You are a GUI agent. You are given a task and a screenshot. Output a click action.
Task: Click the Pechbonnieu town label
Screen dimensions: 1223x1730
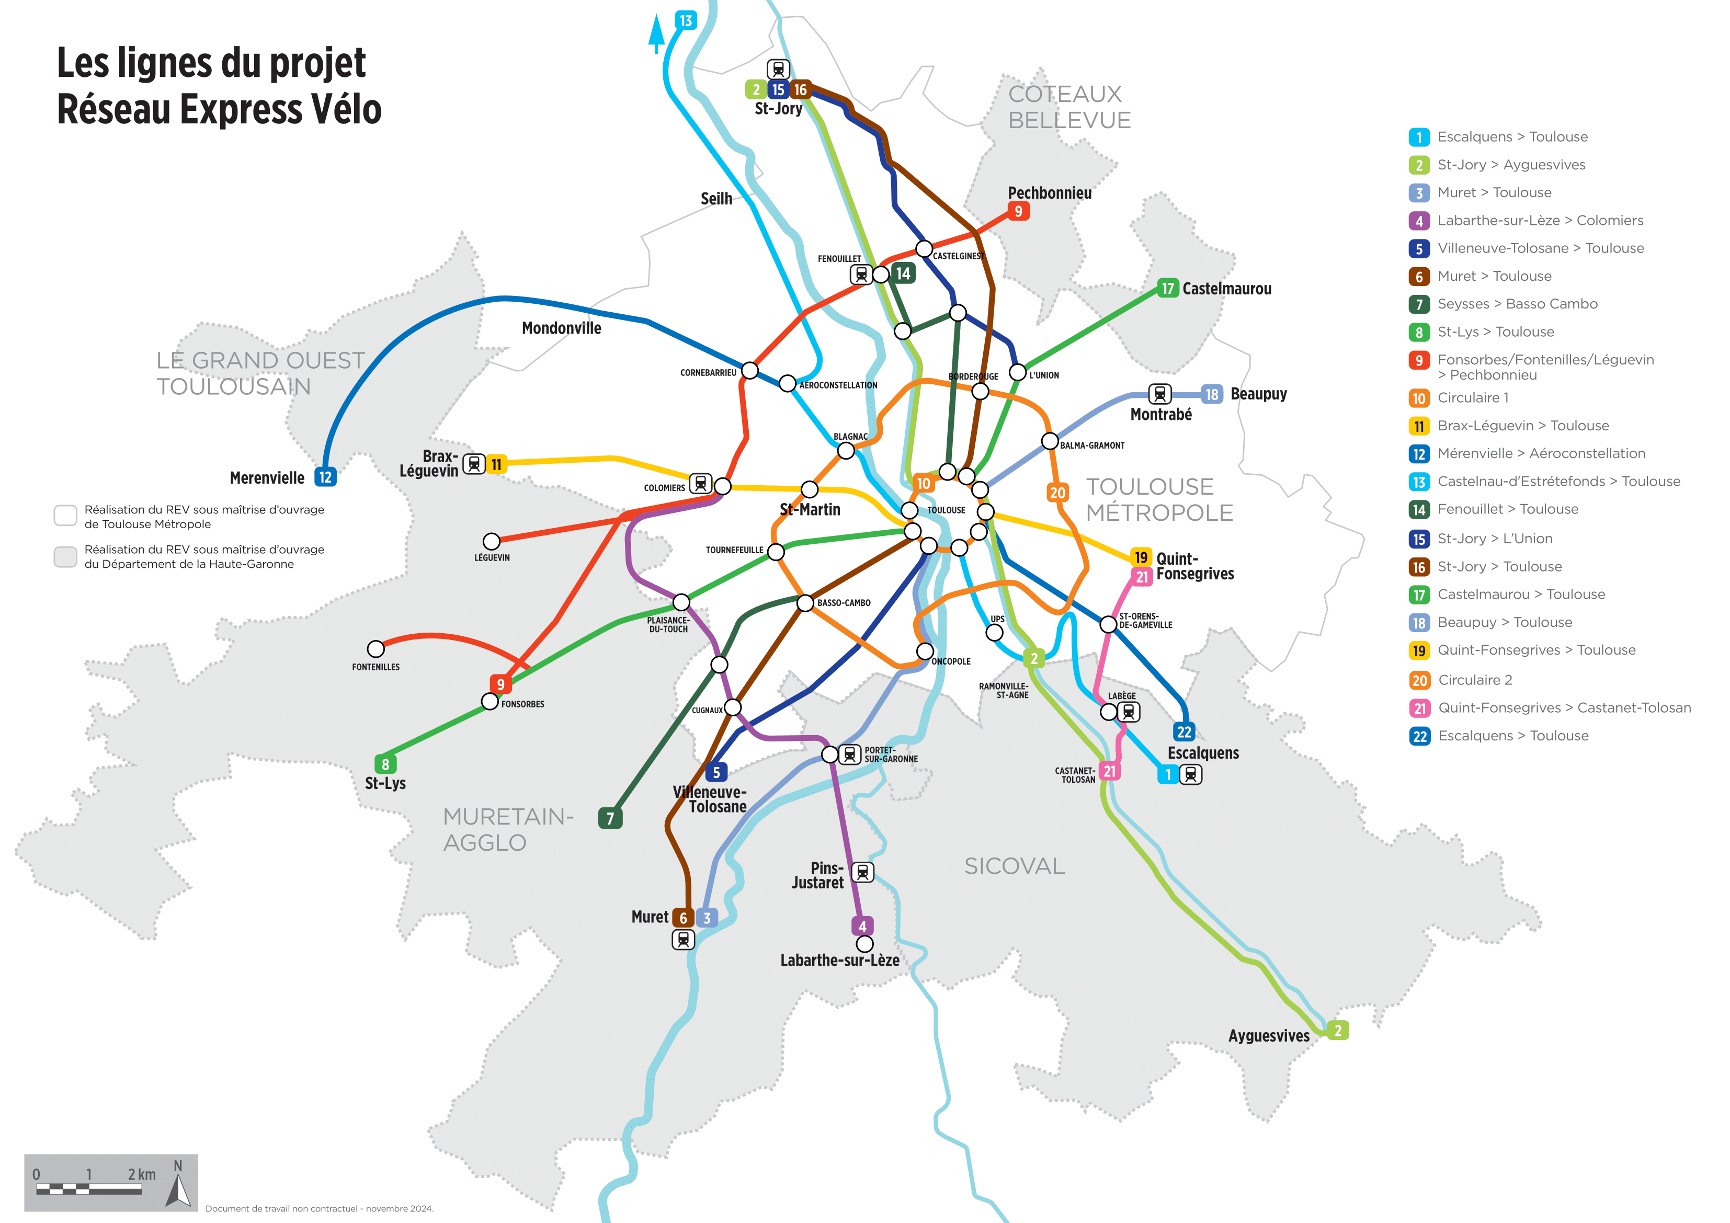click(1049, 193)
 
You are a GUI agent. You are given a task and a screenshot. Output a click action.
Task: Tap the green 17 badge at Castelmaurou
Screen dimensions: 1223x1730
click(1167, 288)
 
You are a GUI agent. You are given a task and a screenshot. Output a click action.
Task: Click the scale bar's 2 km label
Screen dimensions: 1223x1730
click(142, 1174)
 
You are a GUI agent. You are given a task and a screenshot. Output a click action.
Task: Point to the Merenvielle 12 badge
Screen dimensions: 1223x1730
click(325, 477)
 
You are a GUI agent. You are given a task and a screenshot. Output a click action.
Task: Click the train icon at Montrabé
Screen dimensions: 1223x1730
click(1159, 393)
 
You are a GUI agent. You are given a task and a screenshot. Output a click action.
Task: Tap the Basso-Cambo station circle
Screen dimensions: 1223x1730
click(805, 603)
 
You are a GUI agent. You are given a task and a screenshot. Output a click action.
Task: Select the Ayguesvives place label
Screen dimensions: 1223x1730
click(1269, 1035)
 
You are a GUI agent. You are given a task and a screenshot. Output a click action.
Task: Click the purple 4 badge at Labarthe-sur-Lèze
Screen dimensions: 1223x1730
click(863, 925)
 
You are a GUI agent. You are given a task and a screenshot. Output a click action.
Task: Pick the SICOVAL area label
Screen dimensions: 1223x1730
click(1014, 866)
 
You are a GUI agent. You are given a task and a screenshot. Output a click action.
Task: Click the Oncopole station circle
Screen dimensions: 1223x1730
click(925, 651)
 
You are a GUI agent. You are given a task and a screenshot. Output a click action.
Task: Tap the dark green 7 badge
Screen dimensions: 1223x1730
click(610, 818)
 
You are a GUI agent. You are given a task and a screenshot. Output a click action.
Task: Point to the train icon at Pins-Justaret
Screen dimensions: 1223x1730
click(863, 872)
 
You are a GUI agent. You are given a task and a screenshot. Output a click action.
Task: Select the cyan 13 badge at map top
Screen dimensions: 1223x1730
click(686, 20)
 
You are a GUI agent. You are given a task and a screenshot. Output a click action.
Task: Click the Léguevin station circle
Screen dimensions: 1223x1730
click(491, 541)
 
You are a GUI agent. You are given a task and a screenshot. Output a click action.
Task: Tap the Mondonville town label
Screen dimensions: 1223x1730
click(561, 328)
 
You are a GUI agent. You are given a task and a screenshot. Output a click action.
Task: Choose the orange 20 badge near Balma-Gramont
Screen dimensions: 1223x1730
click(1057, 493)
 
